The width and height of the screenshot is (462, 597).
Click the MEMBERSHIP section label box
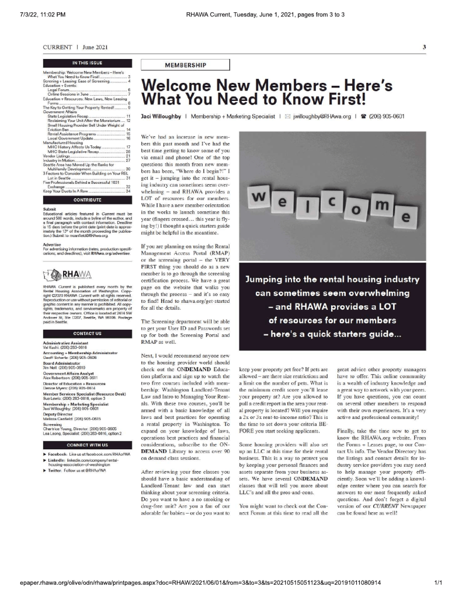180,64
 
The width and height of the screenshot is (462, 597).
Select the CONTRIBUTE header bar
88,200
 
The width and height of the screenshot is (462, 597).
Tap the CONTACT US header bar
88,334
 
